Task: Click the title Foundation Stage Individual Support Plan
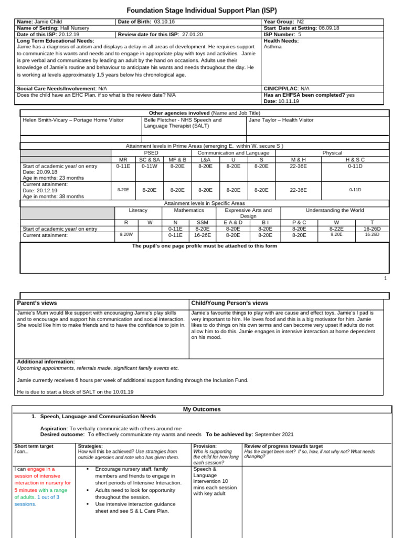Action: click(x=202, y=10)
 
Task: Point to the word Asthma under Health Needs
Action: click(x=272, y=47)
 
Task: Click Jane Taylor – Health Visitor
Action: click(x=281, y=120)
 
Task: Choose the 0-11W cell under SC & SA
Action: click(x=150, y=165)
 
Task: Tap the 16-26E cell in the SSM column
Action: click(x=202, y=235)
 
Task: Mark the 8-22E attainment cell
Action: click(x=336, y=229)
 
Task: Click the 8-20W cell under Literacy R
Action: click(x=126, y=235)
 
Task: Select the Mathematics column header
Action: click(x=189, y=210)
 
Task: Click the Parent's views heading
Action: click(x=37, y=303)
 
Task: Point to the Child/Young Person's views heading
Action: click(x=230, y=303)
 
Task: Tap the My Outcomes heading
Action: click(x=201, y=409)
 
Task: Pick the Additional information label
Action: click(x=46, y=361)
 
